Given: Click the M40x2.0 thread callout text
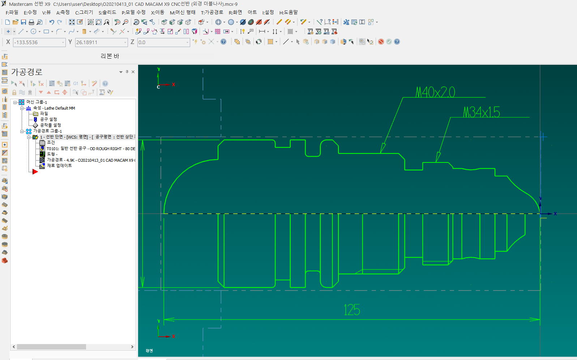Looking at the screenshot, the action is pos(435,92).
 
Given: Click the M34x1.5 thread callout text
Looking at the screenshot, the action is pos(482,112).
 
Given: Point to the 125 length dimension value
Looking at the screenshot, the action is pos(352,310).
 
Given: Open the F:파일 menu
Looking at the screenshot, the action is pos(12,13).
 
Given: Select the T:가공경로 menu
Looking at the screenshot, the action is pos(212,13).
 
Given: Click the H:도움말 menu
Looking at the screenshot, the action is pos(288,13).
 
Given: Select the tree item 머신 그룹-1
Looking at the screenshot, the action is pos(37,102).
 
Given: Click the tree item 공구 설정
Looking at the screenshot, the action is pos(48,119).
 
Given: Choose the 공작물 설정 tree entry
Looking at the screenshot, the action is pos(50,125).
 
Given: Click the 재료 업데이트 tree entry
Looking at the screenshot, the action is pos(59,166).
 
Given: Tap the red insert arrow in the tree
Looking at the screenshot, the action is pos(35,171).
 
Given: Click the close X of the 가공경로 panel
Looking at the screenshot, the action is pos(133,72).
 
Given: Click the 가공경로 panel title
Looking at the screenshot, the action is pos(27,72).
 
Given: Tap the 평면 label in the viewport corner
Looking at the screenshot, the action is pos(149,351).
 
